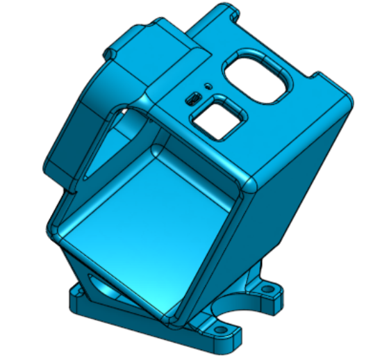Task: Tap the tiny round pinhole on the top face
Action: (x=206, y=85)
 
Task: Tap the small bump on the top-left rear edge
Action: (x=110, y=51)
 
